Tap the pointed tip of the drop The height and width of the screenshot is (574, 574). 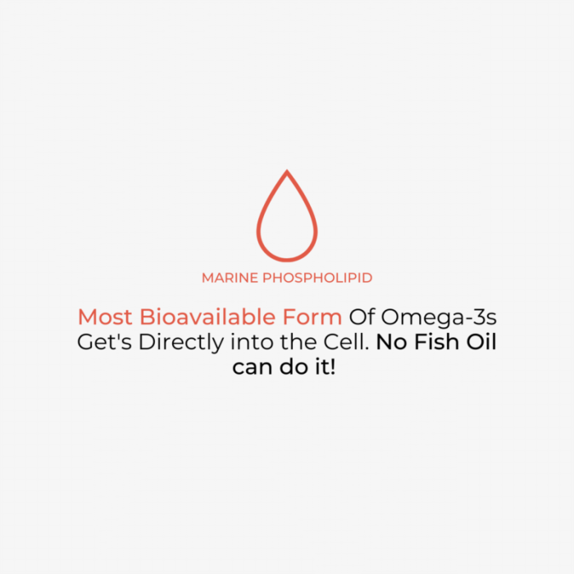tap(287, 170)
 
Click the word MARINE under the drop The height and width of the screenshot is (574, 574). tap(230, 278)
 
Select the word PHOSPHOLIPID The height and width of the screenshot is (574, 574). tap(317, 278)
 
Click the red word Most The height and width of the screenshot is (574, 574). tap(105, 317)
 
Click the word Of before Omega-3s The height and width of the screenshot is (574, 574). tap(362, 317)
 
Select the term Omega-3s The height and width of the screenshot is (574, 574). tap(439, 318)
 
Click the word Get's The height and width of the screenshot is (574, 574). tap(104, 342)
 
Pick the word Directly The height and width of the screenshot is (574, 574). tap(181, 343)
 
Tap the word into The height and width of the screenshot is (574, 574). tap(252, 342)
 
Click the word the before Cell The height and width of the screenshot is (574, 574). tap(298, 342)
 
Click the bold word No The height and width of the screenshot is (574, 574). tap(391, 342)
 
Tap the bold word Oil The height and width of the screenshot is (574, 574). tap(481, 342)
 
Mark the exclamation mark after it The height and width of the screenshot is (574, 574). tap(333, 367)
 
